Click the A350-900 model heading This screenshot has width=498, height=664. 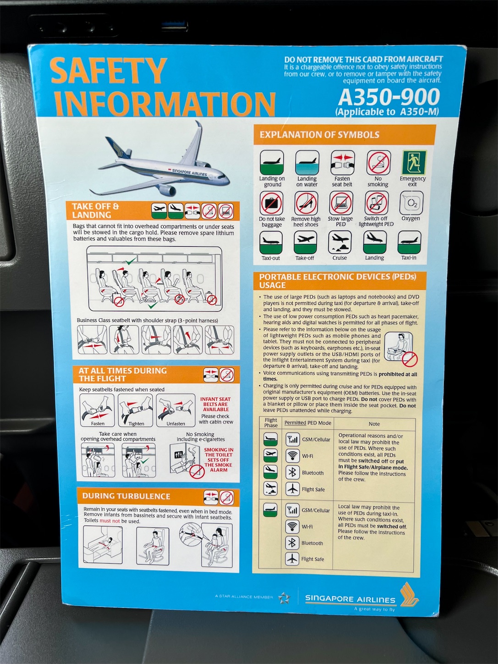(x=389, y=97)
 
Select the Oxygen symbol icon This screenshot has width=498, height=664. (x=411, y=203)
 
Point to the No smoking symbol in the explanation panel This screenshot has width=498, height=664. (x=378, y=163)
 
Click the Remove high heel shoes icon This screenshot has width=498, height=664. (x=306, y=203)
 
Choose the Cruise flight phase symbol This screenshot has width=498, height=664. (x=340, y=242)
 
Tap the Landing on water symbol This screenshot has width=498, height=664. (x=307, y=163)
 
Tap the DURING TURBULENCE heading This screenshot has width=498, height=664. (x=126, y=496)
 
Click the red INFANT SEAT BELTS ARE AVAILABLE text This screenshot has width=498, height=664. (x=216, y=404)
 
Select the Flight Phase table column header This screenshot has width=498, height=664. (x=271, y=422)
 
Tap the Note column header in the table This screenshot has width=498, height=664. (x=374, y=424)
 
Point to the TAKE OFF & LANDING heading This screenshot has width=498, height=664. (x=95, y=210)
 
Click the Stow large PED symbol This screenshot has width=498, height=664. (x=340, y=203)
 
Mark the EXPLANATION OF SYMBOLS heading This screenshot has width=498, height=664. (x=319, y=135)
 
